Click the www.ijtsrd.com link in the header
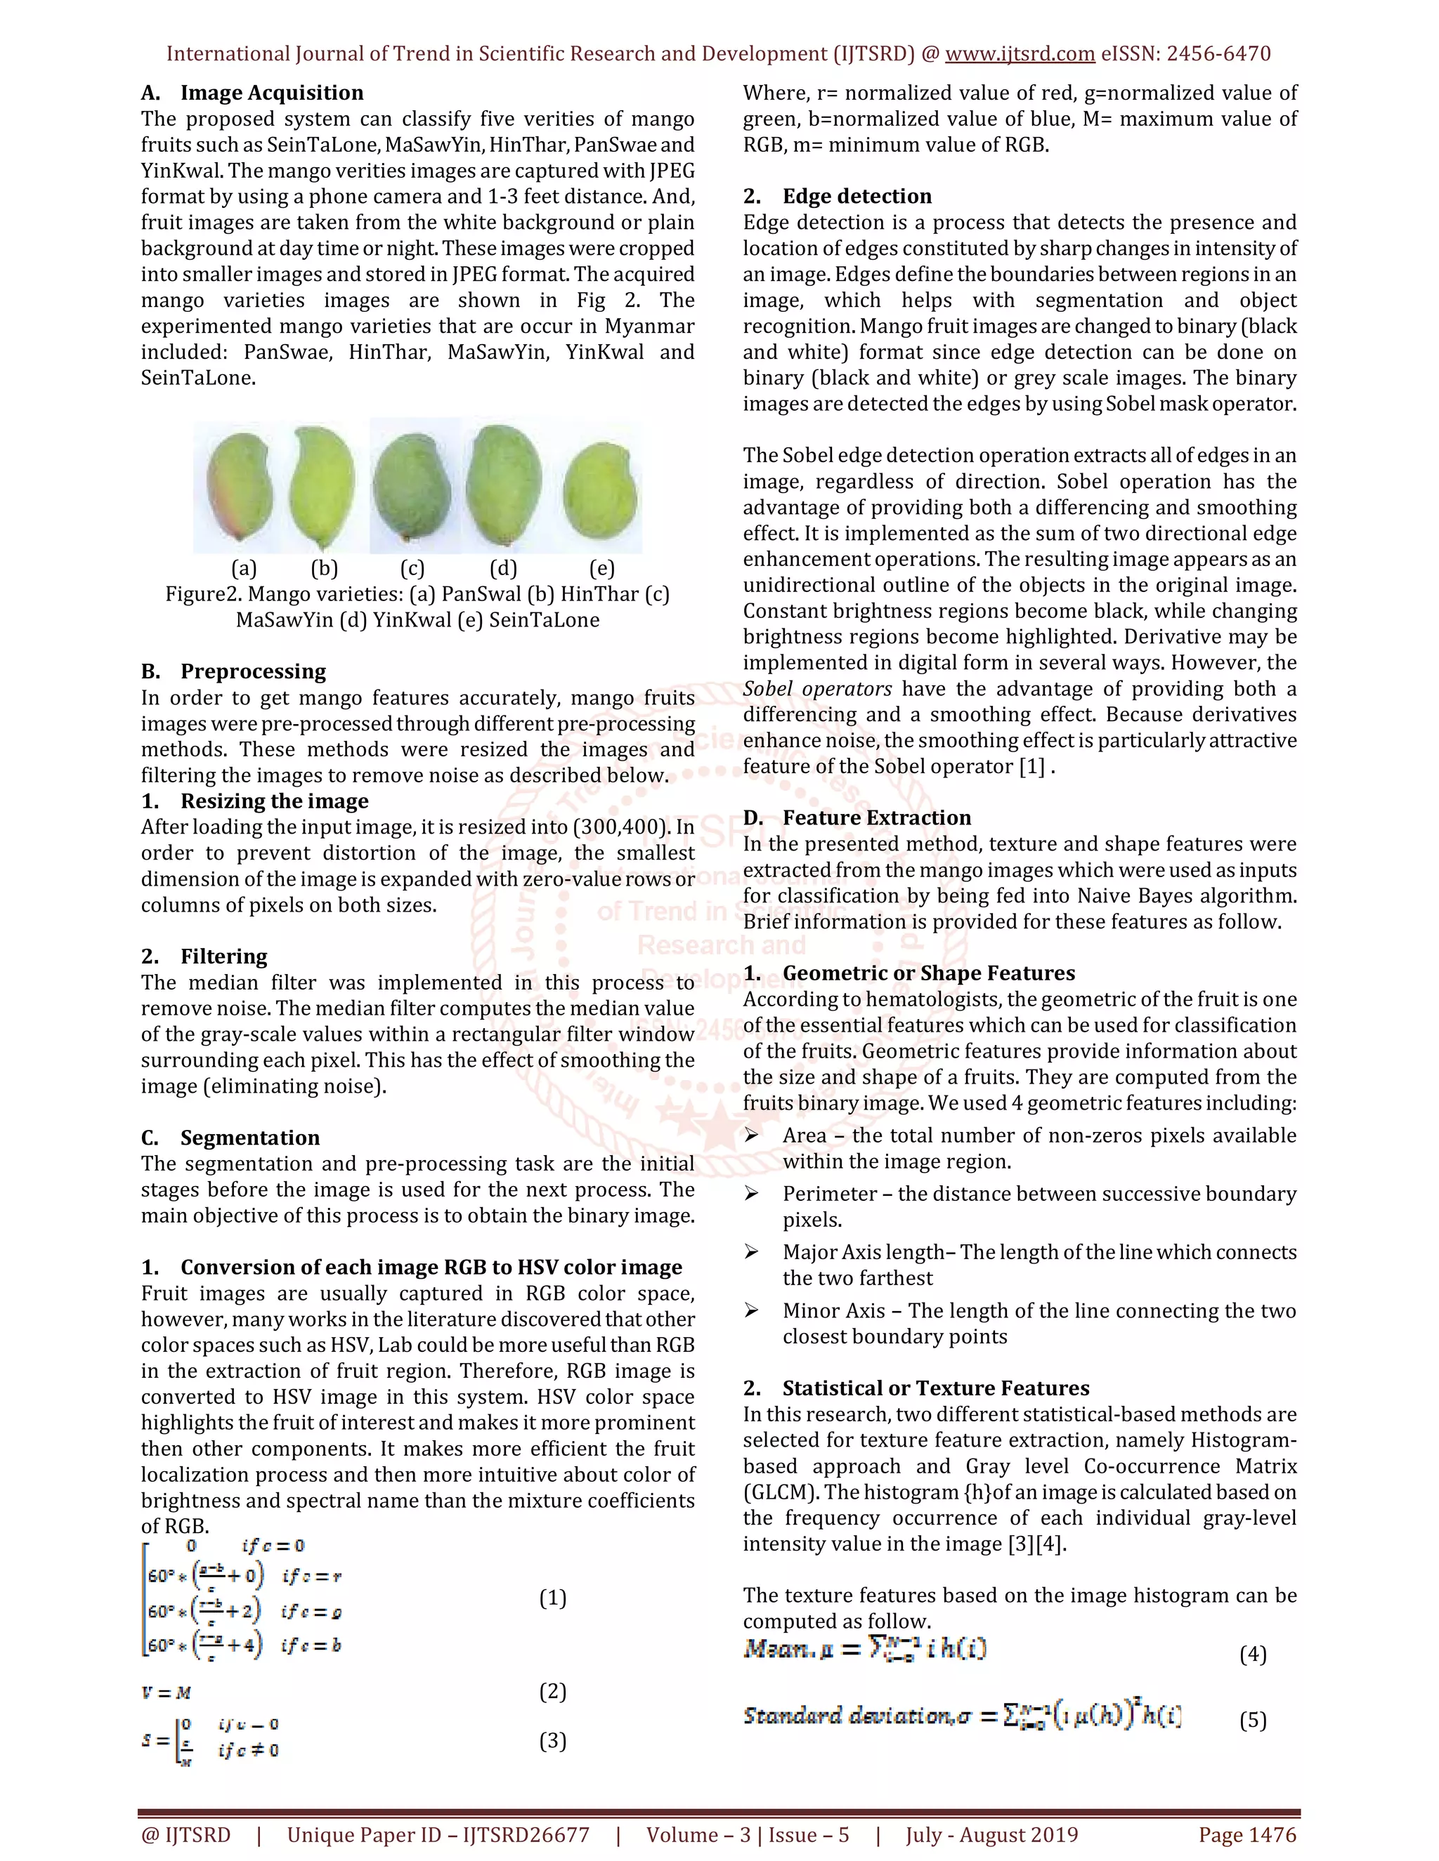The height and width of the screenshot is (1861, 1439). point(1020,53)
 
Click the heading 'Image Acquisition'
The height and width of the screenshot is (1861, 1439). point(271,93)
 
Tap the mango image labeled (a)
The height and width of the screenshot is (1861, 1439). point(241,487)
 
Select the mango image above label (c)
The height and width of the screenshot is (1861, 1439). point(413,487)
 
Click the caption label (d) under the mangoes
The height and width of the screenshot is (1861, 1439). point(503,568)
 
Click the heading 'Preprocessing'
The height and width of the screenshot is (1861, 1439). point(252,671)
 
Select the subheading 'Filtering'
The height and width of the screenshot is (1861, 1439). point(223,956)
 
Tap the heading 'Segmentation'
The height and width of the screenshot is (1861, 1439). point(249,1138)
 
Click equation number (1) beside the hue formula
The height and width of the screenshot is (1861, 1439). point(552,1598)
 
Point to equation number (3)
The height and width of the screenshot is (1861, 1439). point(552,1741)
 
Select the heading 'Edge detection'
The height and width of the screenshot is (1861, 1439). point(857,196)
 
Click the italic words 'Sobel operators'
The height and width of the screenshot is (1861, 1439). point(816,688)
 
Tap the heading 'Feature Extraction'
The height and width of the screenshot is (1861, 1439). point(876,818)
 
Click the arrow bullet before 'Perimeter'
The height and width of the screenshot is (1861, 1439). point(751,1194)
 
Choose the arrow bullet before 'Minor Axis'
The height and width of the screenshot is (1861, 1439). point(751,1310)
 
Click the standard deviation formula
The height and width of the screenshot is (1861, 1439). point(962,1716)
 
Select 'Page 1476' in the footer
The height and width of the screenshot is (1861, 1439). point(1247,1834)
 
